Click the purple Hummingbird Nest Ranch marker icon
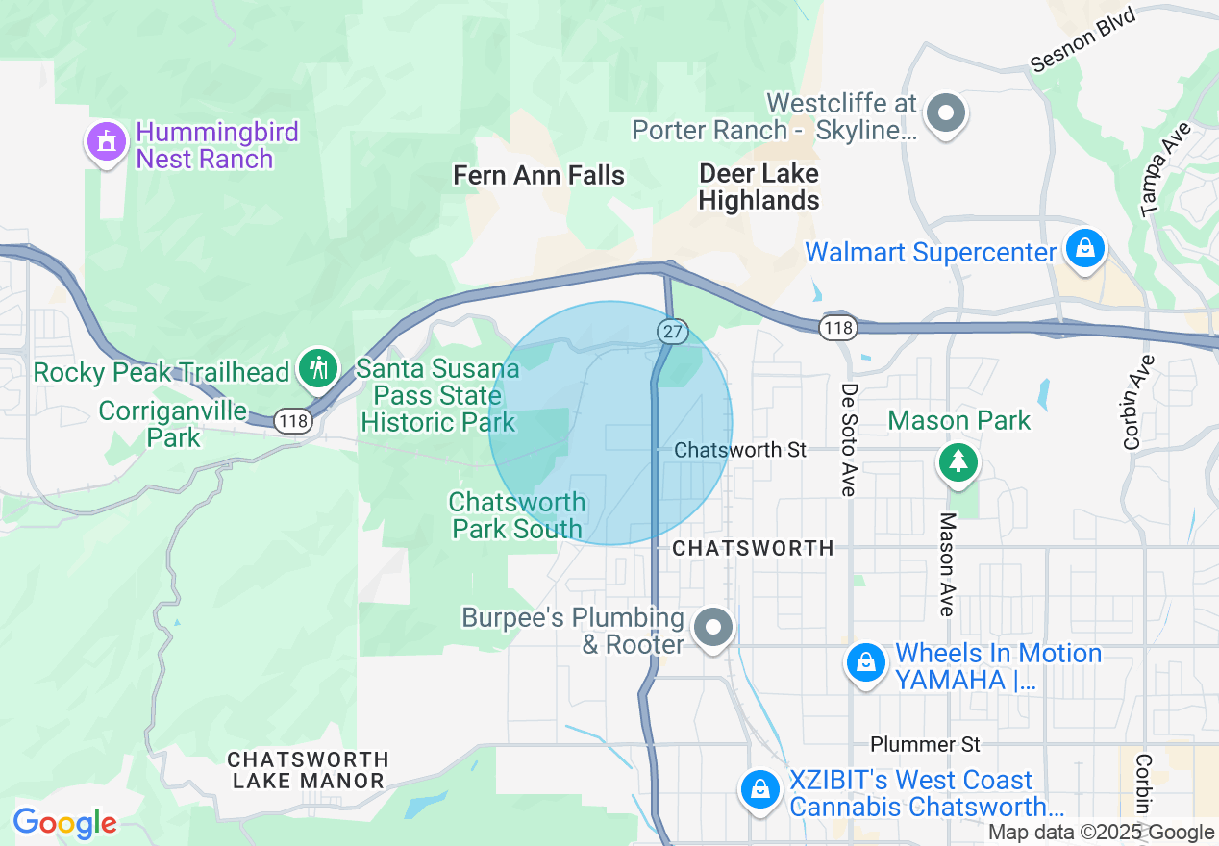108,142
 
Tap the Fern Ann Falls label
538,175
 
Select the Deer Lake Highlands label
759,187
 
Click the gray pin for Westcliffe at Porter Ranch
946,114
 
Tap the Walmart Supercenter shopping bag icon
1085,250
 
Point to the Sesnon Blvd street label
1082,40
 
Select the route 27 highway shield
671,330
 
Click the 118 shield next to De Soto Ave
837,329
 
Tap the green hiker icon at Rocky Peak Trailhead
317,368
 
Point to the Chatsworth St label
740,450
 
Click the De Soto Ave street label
848,440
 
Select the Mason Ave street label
948,563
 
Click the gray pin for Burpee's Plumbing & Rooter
713,628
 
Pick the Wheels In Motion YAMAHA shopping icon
866,663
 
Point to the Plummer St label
925,744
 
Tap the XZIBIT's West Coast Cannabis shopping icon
760,789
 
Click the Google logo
64,823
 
